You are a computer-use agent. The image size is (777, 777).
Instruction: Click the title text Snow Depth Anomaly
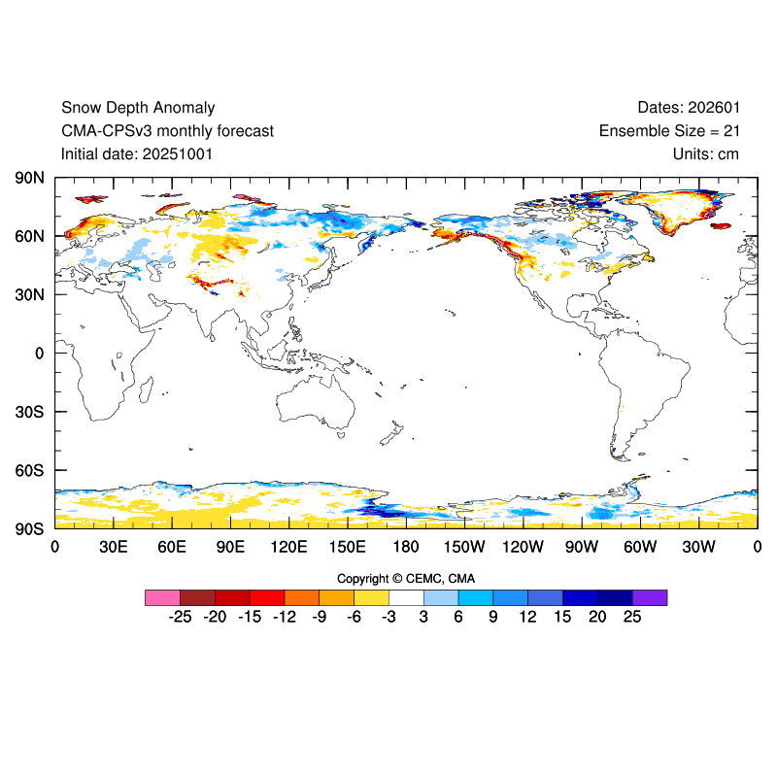pyautogui.click(x=138, y=108)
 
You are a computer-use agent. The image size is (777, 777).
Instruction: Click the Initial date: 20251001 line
pyautogui.click(x=137, y=153)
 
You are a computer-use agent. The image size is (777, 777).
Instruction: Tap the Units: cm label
pyautogui.click(x=705, y=153)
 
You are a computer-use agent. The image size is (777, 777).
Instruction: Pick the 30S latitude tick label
pyautogui.click(x=30, y=412)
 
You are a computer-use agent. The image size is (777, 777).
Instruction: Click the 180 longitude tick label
pyautogui.click(x=406, y=547)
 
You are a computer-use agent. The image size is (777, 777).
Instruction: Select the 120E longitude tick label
pyautogui.click(x=288, y=547)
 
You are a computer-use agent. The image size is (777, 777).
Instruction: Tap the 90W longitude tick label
pyautogui.click(x=582, y=547)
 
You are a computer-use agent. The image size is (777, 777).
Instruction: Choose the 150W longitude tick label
pyautogui.click(x=464, y=547)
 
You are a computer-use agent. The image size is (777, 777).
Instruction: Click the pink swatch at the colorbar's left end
pyautogui.click(x=162, y=597)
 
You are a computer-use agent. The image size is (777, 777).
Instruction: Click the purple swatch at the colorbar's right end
pyautogui.click(x=650, y=597)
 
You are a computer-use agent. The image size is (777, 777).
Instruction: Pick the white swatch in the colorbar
pyautogui.click(x=406, y=597)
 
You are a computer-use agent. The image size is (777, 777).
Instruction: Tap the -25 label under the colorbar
pyautogui.click(x=179, y=617)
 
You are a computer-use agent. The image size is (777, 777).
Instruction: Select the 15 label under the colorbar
pyautogui.click(x=562, y=617)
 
